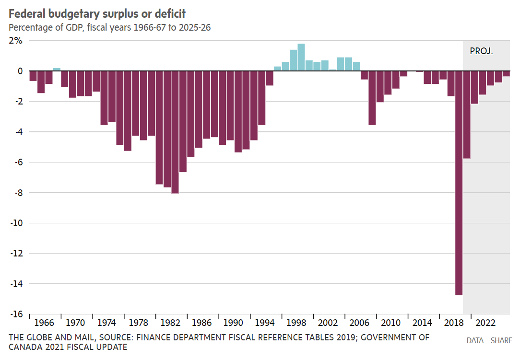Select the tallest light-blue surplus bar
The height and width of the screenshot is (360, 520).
pyautogui.click(x=301, y=57)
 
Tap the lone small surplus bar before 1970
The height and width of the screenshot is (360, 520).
pyautogui.click(x=57, y=70)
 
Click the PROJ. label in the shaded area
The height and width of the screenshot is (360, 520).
pyautogui.click(x=481, y=51)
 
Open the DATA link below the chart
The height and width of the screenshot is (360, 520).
pyautogui.click(x=475, y=341)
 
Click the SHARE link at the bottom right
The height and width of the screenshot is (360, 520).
pyautogui.click(x=501, y=341)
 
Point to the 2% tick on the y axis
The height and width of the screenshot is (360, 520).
pyautogui.click(x=16, y=41)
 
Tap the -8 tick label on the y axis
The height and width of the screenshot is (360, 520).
pyautogui.click(x=18, y=193)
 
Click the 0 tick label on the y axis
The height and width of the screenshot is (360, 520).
pyautogui.click(x=20, y=71)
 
